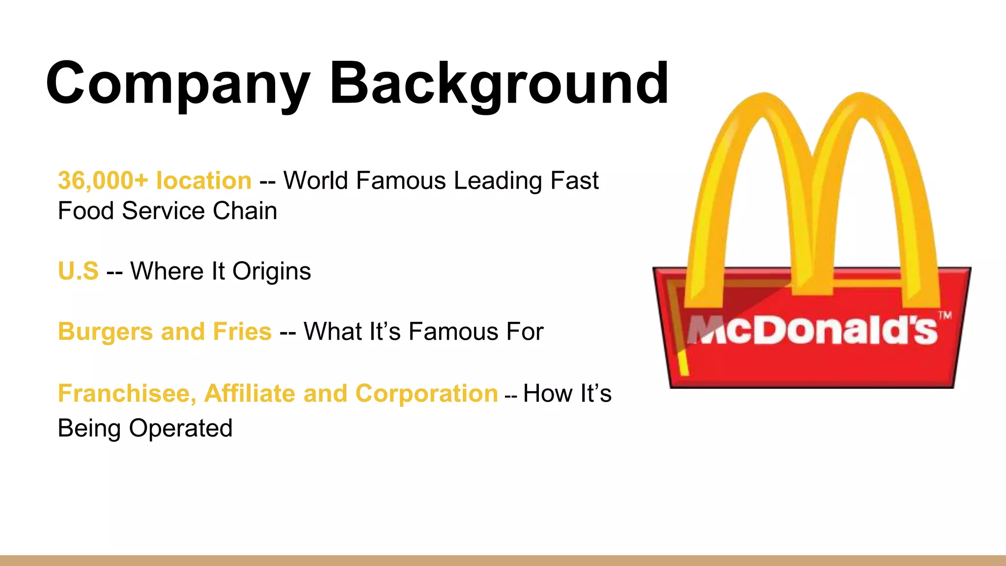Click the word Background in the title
(x=499, y=84)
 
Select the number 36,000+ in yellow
(x=103, y=181)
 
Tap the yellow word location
(x=204, y=181)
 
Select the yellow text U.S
(x=78, y=271)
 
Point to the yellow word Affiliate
(x=250, y=394)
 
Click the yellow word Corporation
(x=426, y=394)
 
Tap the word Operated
(x=181, y=428)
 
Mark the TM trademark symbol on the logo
(x=945, y=315)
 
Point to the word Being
(x=89, y=428)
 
